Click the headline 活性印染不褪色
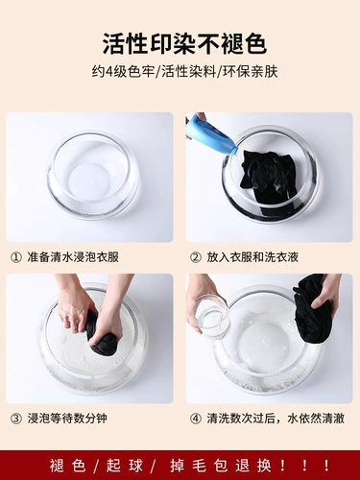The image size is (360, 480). [184, 43]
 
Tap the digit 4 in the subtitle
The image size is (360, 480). [109, 71]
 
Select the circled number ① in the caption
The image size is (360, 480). [16, 257]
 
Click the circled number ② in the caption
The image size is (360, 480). [195, 257]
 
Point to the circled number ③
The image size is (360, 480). [16, 419]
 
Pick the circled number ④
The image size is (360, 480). [195, 419]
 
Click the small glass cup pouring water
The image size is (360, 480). [207, 314]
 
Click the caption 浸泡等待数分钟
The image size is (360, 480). [67, 419]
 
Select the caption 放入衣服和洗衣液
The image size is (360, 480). [252, 257]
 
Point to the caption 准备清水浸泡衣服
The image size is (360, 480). [73, 257]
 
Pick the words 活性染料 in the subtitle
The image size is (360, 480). [189, 71]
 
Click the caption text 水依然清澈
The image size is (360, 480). [316, 419]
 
